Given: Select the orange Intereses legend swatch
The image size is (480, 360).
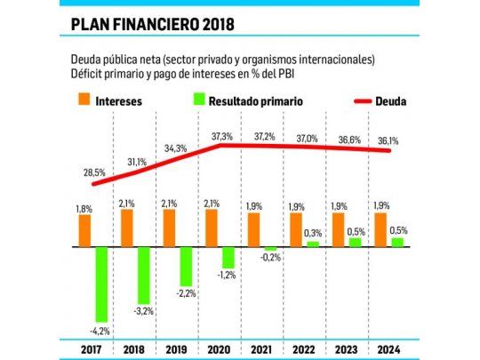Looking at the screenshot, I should pos(83,101).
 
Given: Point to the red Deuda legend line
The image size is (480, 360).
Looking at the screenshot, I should pos(346,101).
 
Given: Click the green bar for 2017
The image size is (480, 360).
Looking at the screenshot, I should pos(101,284).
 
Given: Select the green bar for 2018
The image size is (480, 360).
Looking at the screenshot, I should pos(143,275).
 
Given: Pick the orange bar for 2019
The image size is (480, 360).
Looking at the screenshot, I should pos(169,228).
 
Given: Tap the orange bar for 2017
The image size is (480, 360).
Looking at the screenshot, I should pos(85,230).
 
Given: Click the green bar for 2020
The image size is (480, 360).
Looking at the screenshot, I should pos(228,257).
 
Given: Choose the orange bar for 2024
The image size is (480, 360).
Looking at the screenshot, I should pos(381,229).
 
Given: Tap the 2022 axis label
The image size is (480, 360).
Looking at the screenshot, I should pos(304,348).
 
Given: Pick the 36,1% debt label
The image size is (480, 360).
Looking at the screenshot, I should pos(388,140).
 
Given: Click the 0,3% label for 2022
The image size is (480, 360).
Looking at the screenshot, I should pos(314,233).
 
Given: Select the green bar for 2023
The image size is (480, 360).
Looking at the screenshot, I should pos(355,242).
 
